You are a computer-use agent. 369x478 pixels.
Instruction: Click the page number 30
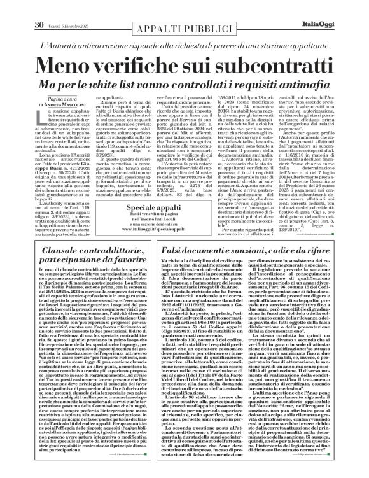(x=20, y=8)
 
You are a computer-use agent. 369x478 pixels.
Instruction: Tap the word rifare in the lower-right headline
(x=331, y=254)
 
